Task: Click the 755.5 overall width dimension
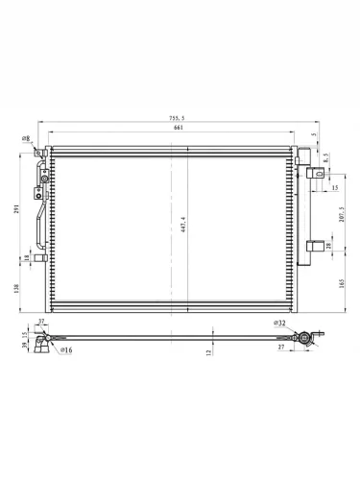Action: tap(177, 118)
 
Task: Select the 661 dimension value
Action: tap(179, 128)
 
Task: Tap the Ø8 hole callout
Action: tap(26, 138)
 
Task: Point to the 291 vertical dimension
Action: tap(17, 208)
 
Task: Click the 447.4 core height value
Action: tap(183, 224)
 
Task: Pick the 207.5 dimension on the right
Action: tap(342, 214)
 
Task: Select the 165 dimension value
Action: tap(342, 282)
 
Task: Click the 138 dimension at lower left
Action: tap(17, 288)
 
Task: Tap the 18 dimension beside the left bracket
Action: tap(27, 257)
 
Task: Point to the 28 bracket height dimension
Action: tap(329, 246)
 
